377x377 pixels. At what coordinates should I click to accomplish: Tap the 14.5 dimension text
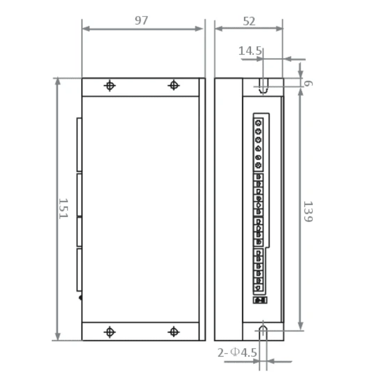250,51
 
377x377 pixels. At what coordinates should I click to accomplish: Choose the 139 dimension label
308,212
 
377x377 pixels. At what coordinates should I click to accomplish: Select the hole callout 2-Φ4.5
237,352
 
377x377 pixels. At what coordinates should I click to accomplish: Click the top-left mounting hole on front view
110,86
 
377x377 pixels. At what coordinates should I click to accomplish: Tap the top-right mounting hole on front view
174,85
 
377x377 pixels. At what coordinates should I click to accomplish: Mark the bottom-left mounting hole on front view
110,332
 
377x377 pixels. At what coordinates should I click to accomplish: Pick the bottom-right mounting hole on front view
174,332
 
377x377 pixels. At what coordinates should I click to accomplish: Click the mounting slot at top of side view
263,85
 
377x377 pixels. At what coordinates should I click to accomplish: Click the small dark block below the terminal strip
259,300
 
